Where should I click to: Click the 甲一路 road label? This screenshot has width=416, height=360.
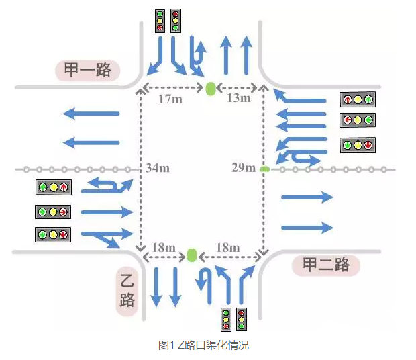(87, 70)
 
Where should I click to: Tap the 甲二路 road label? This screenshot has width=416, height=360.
(325, 265)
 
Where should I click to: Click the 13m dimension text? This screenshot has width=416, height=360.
(238, 98)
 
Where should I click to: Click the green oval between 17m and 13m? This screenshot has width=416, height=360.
(211, 88)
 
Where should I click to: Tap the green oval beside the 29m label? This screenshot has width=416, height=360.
(265, 168)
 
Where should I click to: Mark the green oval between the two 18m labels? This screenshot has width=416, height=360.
(193, 255)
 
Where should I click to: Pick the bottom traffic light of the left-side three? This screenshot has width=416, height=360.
(52, 235)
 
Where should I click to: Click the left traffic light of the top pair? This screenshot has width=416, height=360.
(160, 21)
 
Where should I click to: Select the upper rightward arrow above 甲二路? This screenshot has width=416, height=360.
(307, 197)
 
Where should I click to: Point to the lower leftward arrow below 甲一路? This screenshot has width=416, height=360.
(91, 142)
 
